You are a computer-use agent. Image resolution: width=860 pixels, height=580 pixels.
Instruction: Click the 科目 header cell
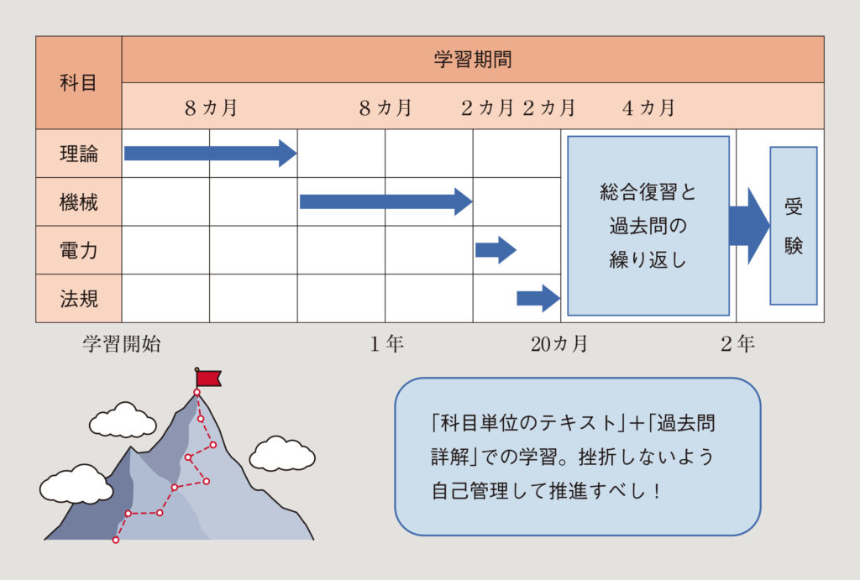tap(78, 82)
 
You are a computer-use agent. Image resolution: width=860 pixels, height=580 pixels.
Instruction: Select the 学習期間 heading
tap(472, 60)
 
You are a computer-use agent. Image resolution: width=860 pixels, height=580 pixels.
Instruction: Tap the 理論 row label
tap(78, 154)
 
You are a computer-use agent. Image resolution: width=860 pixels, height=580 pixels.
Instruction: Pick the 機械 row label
tap(78, 202)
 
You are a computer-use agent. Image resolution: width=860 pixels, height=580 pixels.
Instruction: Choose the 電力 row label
tap(78, 250)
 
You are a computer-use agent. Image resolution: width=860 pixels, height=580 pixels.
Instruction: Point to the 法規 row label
tap(78, 298)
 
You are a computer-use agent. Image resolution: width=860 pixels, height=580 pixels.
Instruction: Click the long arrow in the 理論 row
tap(210, 153)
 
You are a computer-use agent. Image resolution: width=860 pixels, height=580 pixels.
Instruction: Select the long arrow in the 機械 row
tap(385, 201)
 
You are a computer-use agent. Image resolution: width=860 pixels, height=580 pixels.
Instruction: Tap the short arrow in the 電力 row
tap(495, 249)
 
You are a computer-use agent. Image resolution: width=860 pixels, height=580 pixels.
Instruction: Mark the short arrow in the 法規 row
tap(537, 297)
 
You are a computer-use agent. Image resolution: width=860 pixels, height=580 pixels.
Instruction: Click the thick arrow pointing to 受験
tap(748, 226)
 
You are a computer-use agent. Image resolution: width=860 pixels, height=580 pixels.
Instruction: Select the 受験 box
tap(794, 226)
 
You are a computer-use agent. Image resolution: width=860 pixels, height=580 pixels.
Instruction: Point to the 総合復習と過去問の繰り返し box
tap(648, 226)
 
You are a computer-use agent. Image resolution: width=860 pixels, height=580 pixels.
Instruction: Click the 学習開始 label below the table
tap(121, 343)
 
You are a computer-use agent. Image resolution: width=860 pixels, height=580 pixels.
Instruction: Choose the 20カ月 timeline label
tap(559, 343)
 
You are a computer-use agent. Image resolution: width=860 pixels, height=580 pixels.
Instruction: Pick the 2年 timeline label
tap(737, 343)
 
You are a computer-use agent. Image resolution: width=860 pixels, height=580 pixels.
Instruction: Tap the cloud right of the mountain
tap(282, 454)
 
